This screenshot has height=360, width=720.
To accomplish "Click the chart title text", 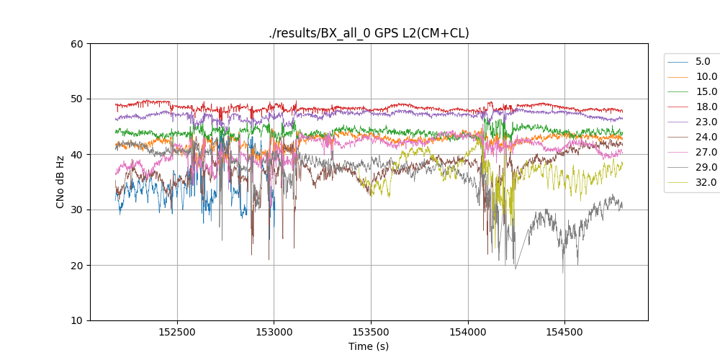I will coord(369,33).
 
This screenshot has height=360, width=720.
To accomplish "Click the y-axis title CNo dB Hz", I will coord(60,182).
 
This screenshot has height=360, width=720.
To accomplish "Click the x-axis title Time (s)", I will coord(369,346).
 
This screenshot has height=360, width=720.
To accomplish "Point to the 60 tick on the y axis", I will coord(76,43).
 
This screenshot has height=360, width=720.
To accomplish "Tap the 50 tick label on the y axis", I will coord(76,99).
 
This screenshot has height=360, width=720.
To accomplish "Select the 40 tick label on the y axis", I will coord(76,154).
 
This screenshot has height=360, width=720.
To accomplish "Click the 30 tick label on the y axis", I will coord(76,210).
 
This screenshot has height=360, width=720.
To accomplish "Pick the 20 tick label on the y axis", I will coord(76,265).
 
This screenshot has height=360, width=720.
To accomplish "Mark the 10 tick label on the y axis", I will coord(76,320).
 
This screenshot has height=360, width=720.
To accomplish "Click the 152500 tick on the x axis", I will coord(177,331).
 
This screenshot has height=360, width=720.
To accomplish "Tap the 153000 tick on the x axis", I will coord(274,331).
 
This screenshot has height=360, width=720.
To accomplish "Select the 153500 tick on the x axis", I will coord(371,331).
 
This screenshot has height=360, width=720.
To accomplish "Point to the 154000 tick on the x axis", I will coord(467,331).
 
